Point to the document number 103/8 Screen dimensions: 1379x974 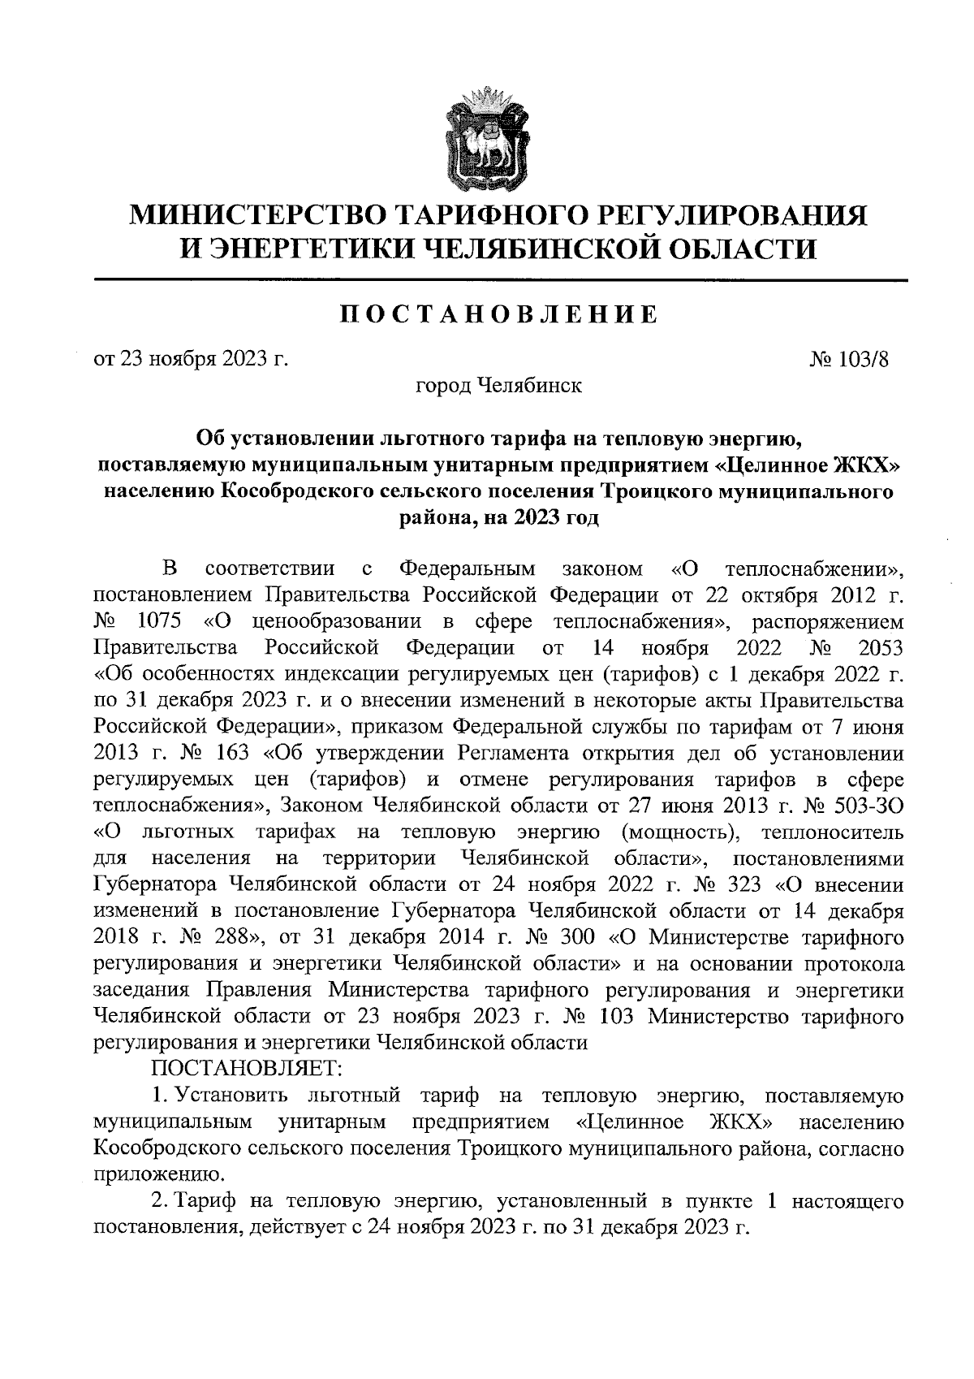coord(860,358)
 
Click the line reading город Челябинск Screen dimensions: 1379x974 coord(498,384)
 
